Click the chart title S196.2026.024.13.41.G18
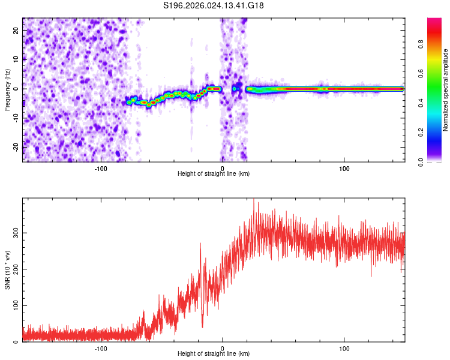pos(214,5)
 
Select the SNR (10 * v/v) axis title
pos(7,270)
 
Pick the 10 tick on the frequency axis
pos(16,60)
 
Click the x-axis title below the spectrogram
pos(214,174)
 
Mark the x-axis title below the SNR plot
pos(214,354)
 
